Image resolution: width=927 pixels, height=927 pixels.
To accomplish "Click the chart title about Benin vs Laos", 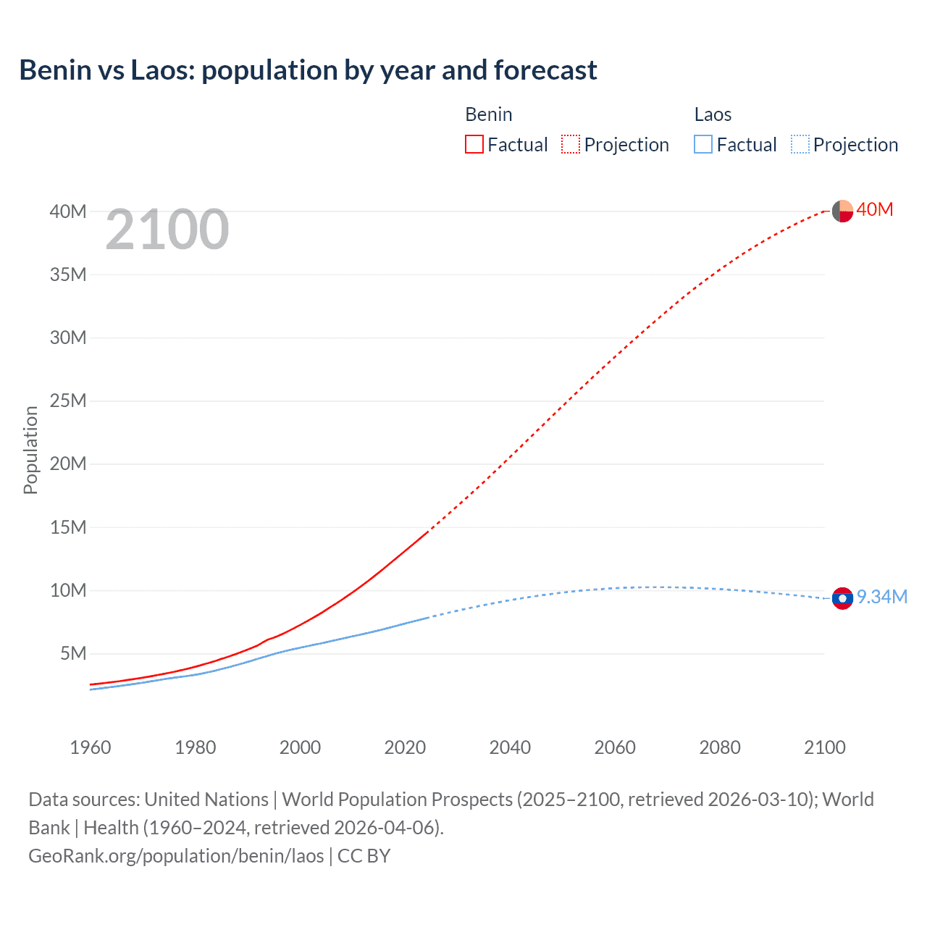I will pyautogui.click(x=308, y=70).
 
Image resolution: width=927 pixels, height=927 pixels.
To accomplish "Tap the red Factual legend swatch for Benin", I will pyautogui.click(x=474, y=144).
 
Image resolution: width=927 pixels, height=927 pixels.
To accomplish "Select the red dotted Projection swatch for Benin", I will pyautogui.click(x=571, y=144).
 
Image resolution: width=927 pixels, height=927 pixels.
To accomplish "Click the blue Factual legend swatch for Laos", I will pyautogui.click(x=703, y=144).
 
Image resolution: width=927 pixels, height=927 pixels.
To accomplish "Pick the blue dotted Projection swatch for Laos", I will pyautogui.click(x=800, y=144).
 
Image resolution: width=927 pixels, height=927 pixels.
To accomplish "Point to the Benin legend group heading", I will pyautogui.click(x=489, y=114).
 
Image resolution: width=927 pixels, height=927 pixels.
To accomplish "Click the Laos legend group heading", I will pyautogui.click(x=713, y=114).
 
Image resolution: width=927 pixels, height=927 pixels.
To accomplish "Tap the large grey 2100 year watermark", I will pyautogui.click(x=167, y=230).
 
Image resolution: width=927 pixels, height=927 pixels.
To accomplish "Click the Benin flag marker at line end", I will pyautogui.click(x=842, y=211).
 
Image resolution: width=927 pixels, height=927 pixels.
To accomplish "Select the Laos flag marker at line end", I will pyautogui.click(x=842, y=598).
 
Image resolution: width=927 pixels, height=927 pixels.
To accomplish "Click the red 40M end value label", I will pyautogui.click(x=875, y=209).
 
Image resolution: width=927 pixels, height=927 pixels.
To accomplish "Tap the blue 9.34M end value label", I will pyautogui.click(x=882, y=597).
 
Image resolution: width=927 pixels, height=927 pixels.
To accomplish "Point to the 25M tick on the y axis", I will pyautogui.click(x=68, y=400).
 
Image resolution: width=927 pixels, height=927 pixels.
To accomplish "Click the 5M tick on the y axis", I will pyautogui.click(x=73, y=653).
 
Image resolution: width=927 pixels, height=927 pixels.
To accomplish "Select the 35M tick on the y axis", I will pyautogui.click(x=68, y=274).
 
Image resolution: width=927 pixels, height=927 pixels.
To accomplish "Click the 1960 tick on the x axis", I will pyautogui.click(x=91, y=747).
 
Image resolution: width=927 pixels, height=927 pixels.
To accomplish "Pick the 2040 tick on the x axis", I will pyautogui.click(x=510, y=747).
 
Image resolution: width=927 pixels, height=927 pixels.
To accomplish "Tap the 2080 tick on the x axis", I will pyautogui.click(x=720, y=747).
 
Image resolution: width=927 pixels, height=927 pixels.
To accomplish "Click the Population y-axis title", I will pyautogui.click(x=30, y=450).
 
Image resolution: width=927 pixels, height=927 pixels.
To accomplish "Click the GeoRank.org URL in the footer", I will pyautogui.click(x=176, y=856).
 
